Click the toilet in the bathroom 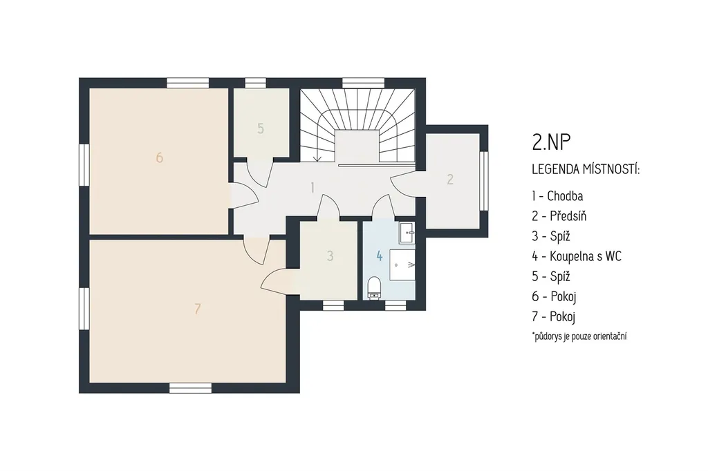click(x=374, y=288)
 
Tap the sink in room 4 click(x=407, y=233)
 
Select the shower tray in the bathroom click(x=402, y=265)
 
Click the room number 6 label click(x=160, y=157)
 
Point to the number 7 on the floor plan click(x=197, y=309)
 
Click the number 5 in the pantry click(x=261, y=128)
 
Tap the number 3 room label click(x=330, y=256)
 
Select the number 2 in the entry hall click(x=450, y=179)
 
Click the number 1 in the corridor click(x=313, y=187)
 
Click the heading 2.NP click(x=551, y=142)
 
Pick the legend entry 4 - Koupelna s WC click(x=577, y=256)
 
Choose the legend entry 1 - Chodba click(x=558, y=196)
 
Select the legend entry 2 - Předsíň click(x=559, y=215)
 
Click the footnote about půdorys click(x=579, y=336)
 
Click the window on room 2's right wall click(x=484, y=181)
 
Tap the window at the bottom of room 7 click(x=190, y=388)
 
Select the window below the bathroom click(x=395, y=305)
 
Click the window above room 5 click(x=256, y=83)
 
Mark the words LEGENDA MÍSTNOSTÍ click(x=586, y=170)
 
